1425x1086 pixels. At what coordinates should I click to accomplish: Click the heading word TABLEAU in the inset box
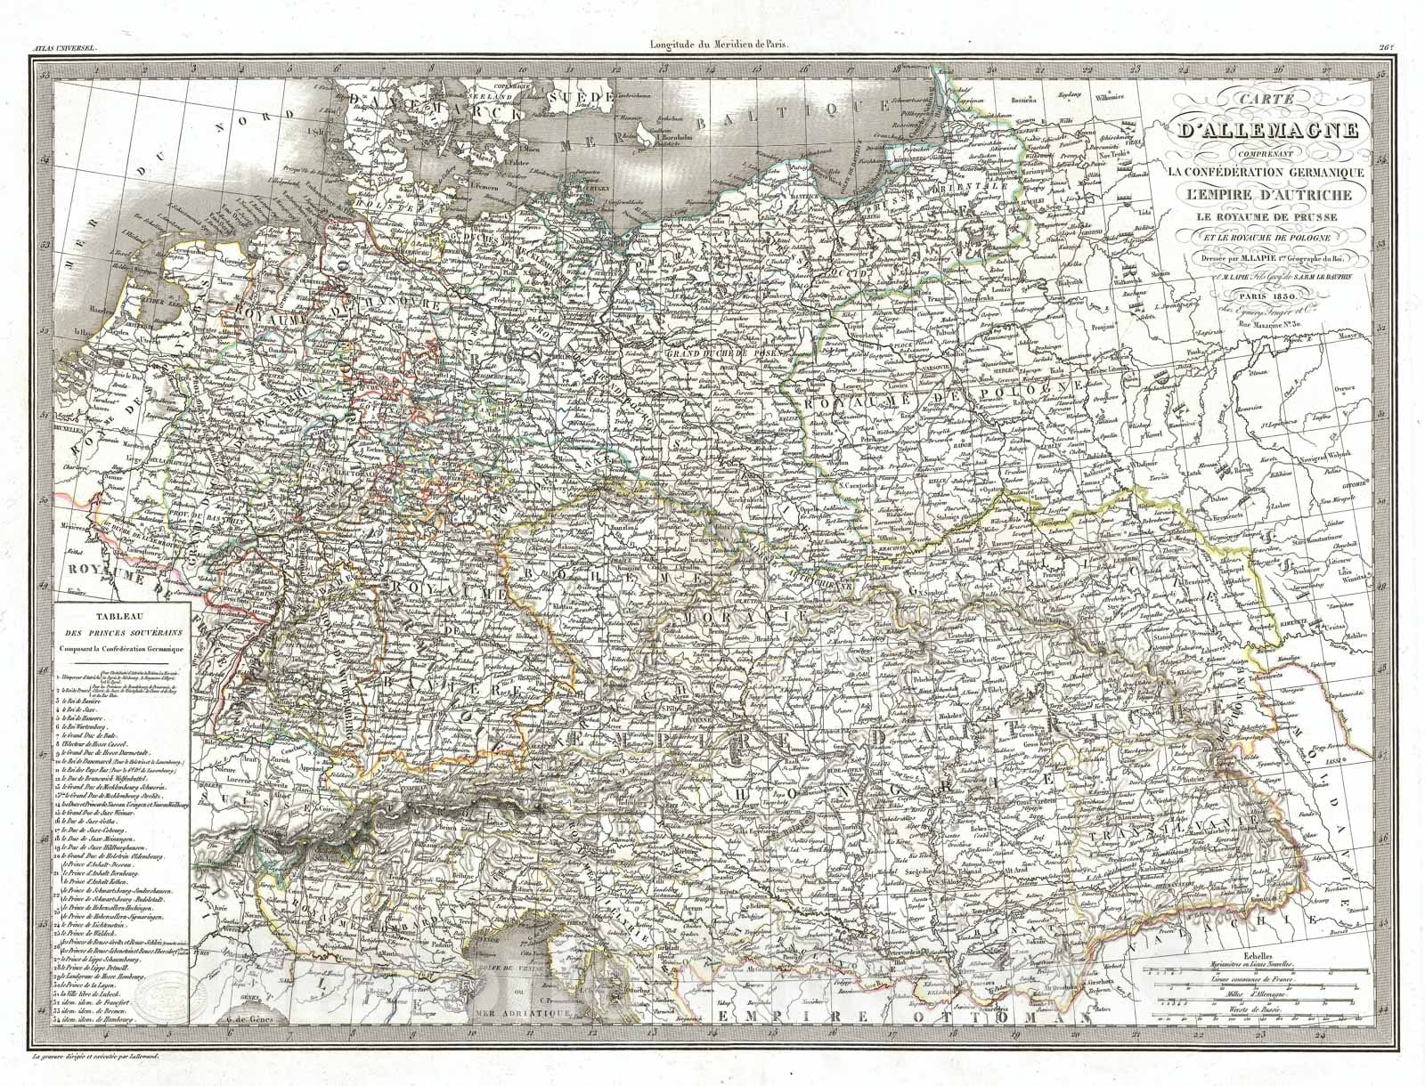[118, 615]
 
